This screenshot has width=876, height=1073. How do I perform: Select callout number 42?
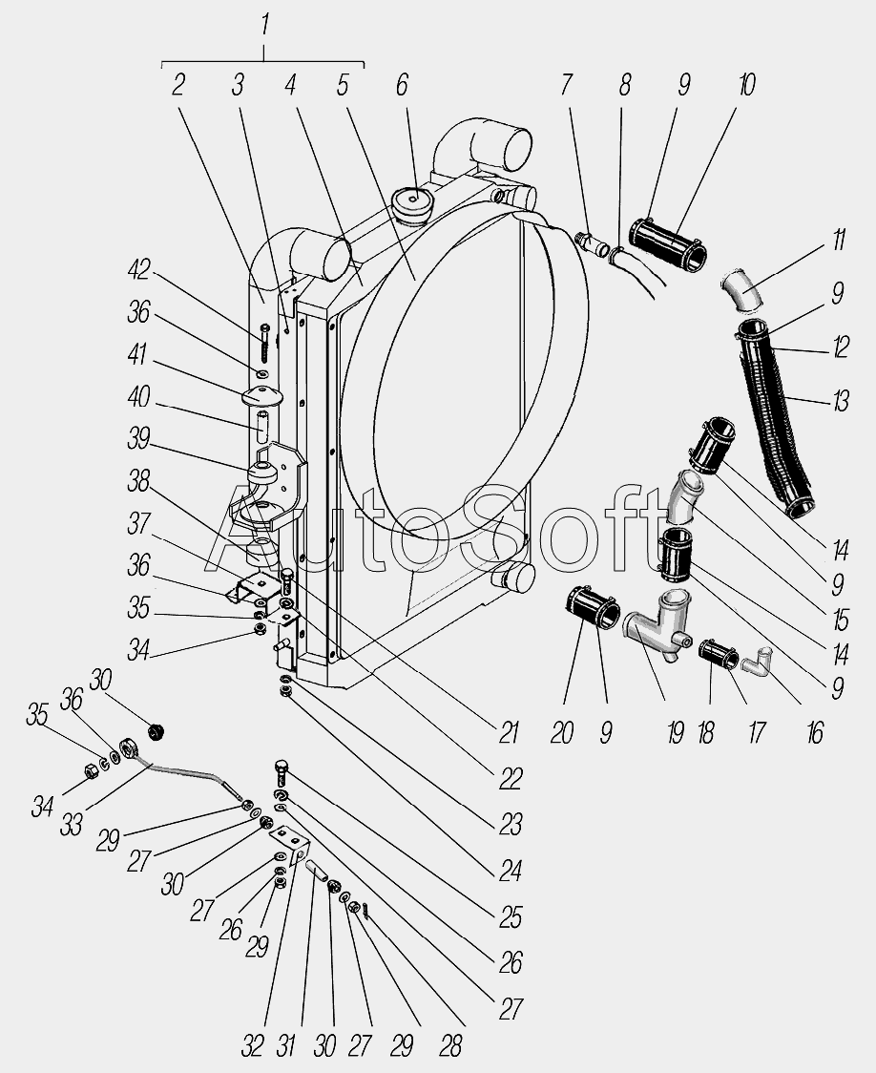click(x=138, y=269)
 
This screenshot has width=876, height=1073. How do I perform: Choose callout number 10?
click(x=747, y=86)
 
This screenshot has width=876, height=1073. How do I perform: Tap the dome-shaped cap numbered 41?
click(x=259, y=395)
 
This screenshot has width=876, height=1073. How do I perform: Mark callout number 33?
click(x=72, y=825)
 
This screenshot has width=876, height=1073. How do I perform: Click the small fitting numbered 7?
click(x=593, y=243)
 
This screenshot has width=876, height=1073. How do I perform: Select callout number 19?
click(x=675, y=733)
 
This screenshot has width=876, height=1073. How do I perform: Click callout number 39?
click(x=138, y=439)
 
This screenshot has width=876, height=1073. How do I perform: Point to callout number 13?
click(x=841, y=400)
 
